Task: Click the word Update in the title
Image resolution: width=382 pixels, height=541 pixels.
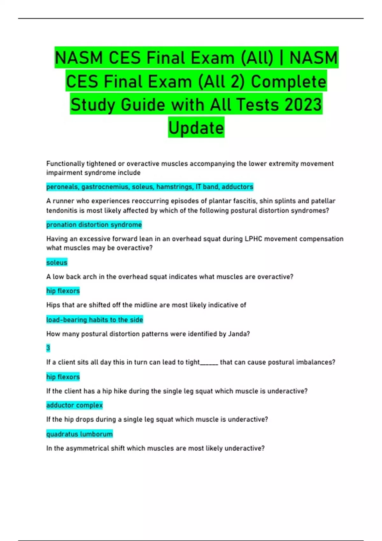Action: tap(196, 128)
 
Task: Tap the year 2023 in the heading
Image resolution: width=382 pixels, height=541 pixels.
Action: tap(303, 105)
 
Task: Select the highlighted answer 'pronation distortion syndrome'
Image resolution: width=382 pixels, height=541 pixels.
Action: tap(94, 225)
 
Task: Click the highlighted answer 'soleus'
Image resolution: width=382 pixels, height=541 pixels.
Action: tap(57, 263)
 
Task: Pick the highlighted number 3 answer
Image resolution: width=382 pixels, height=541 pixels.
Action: tap(48, 348)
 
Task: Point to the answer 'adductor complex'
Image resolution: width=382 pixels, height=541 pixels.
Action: tap(74, 405)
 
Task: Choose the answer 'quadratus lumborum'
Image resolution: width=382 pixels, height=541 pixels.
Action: tap(79, 434)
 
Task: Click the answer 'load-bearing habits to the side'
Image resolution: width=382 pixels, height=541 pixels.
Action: tap(95, 320)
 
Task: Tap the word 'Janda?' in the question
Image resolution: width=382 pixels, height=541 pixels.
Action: tap(239, 334)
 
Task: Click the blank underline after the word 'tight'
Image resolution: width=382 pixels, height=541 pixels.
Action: tap(209, 362)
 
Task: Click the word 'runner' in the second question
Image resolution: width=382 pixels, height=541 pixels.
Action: tap(65, 201)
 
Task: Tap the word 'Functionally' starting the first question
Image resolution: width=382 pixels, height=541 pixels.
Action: tap(65, 164)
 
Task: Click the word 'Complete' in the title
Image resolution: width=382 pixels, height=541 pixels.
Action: tap(288, 81)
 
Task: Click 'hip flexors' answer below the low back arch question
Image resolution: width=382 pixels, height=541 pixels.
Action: tap(63, 291)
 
